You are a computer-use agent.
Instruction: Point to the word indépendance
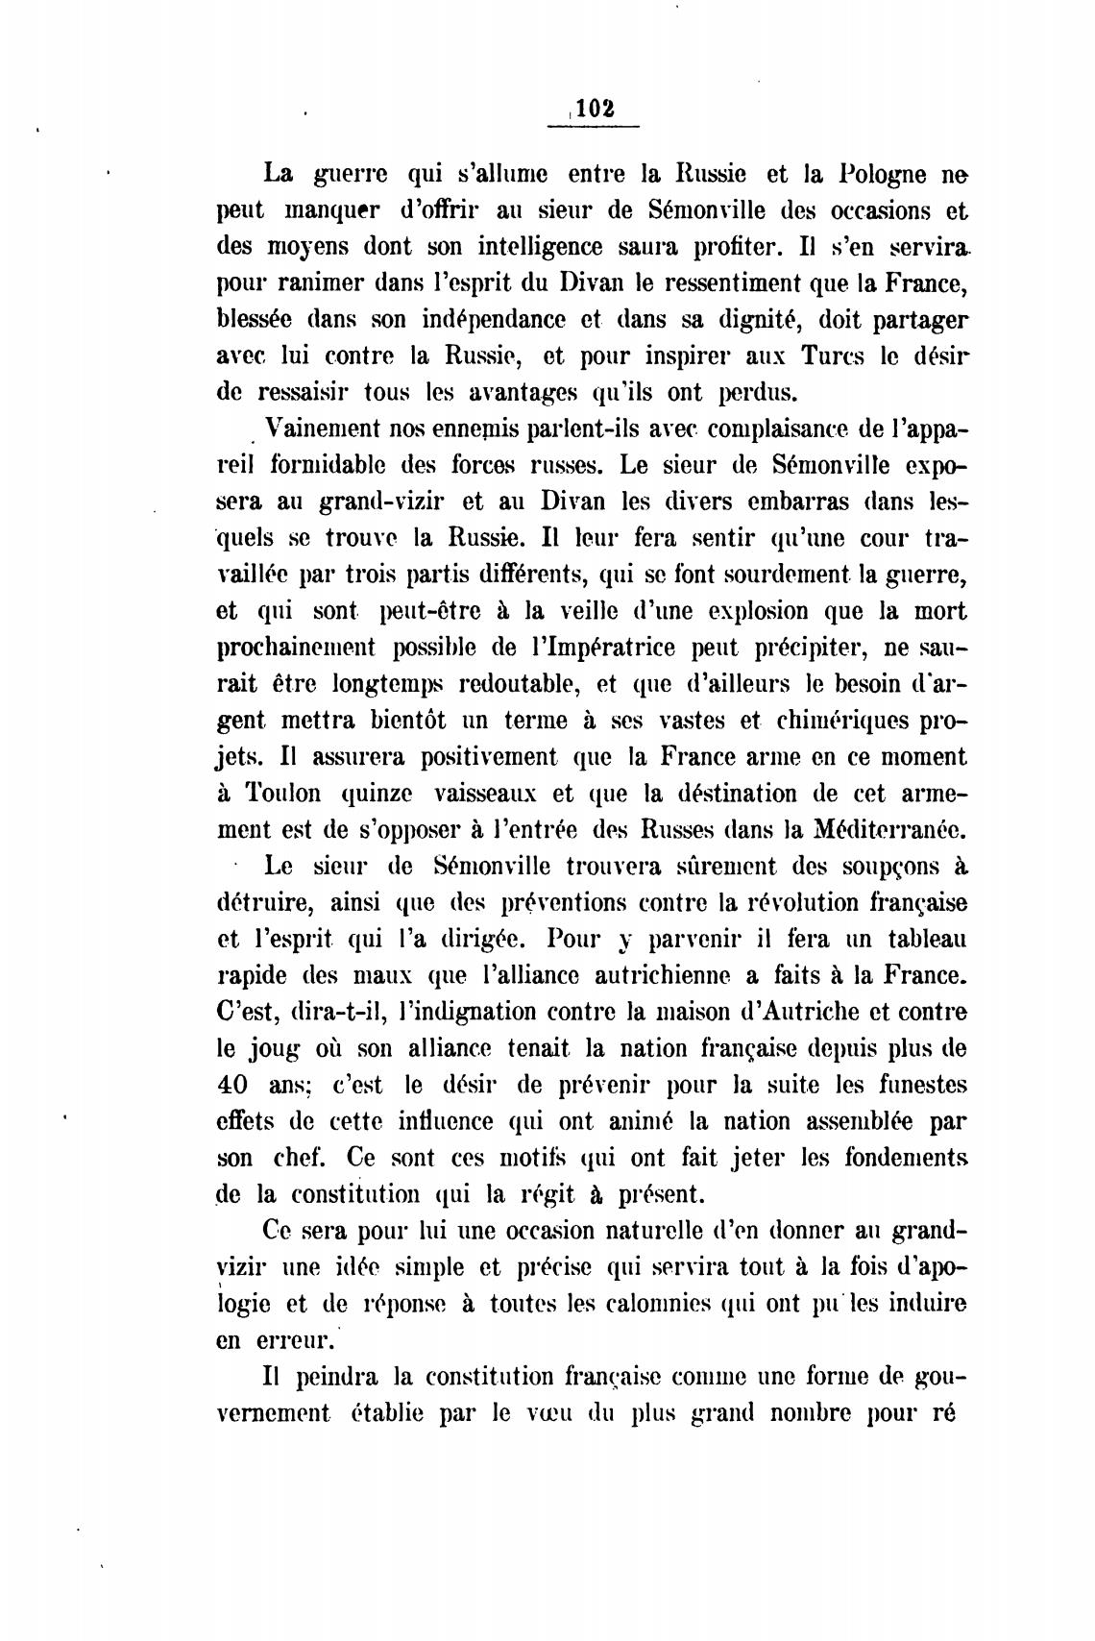pos(502,320)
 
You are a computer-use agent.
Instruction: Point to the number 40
pos(233,1086)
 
